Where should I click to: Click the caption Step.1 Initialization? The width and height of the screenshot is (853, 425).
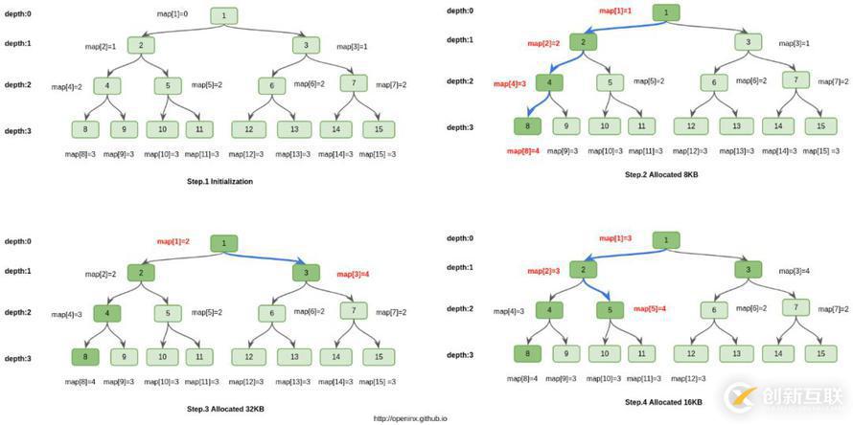click(x=220, y=181)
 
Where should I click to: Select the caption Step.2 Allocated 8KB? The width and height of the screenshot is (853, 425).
click(x=662, y=174)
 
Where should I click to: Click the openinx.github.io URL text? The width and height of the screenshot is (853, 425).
click(x=410, y=418)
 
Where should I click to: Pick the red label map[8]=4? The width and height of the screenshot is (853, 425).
click(x=523, y=151)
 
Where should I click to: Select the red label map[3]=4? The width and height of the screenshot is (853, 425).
click(x=353, y=275)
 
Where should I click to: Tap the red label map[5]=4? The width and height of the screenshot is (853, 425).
click(x=650, y=308)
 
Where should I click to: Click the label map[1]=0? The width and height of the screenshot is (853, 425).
click(x=173, y=14)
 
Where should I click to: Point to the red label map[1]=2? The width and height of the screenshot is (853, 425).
click(x=173, y=242)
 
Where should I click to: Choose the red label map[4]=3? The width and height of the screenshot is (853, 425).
click(x=510, y=84)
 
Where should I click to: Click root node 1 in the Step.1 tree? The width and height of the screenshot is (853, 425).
click(x=223, y=15)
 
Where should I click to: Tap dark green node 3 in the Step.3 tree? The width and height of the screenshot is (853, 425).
click(x=306, y=273)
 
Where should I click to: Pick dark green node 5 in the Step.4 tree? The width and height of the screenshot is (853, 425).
click(x=610, y=309)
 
